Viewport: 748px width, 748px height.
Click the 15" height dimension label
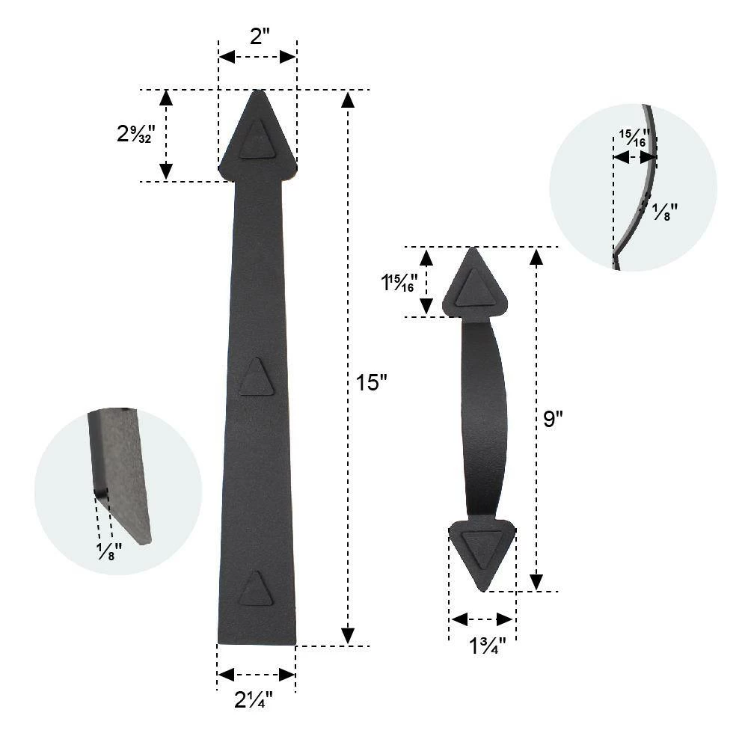click(x=372, y=383)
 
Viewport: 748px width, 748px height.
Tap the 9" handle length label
click(x=553, y=419)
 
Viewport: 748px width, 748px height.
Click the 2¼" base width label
click(x=254, y=701)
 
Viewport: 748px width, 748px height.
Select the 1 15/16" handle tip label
click(x=399, y=283)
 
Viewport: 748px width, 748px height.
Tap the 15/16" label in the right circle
click(x=634, y=139)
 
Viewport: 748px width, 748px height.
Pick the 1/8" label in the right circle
click(x=664, y=213)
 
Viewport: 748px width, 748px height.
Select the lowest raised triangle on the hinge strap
click(x=256, y=588)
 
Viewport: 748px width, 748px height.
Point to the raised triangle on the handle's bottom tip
click(x=482, y=549)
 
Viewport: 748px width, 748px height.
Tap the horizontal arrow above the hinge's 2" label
click(x=257, y=58)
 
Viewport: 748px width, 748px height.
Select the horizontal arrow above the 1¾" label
click(x=482, y=619)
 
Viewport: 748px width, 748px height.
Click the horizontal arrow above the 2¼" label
click(x=256, y=675)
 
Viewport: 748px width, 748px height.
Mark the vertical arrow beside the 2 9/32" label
click(x=166, y=135)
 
